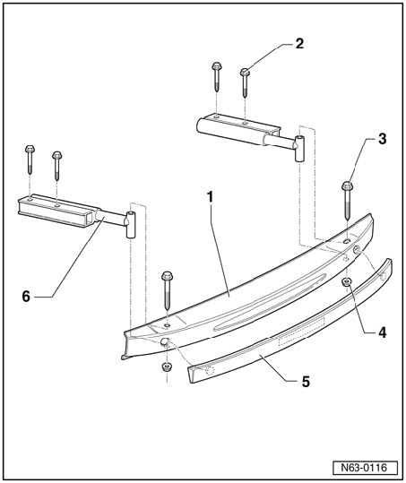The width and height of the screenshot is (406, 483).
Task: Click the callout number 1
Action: [211, 197]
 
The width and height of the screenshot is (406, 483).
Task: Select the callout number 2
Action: [299, 43]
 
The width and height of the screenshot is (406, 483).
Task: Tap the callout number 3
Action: [383, 139]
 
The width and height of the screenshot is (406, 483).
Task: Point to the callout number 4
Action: [383, 332]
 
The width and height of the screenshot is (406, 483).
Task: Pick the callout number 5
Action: [306, 382]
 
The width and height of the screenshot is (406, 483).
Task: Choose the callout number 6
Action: [26, 297]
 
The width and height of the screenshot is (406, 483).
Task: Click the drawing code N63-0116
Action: [364, 468]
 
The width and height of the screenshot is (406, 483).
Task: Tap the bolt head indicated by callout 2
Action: [245, 72]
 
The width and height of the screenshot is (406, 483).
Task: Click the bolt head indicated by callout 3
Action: [348, 185]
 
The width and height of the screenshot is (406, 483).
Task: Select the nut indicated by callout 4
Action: [347, 281]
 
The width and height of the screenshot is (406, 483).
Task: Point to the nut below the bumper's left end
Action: [167, 367]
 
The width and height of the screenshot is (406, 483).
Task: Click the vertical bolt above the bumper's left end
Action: [167, 290]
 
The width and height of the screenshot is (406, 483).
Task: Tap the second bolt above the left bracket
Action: [57, 166]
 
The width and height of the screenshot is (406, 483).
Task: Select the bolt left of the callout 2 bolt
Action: [217, 77]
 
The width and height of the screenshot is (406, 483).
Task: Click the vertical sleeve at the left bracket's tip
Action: [131, 225]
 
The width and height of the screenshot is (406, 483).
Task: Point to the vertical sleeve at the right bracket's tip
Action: [299, 149]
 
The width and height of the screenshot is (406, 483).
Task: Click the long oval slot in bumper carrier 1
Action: [270, 302]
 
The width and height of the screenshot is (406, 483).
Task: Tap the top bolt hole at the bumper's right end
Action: [347, 241]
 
